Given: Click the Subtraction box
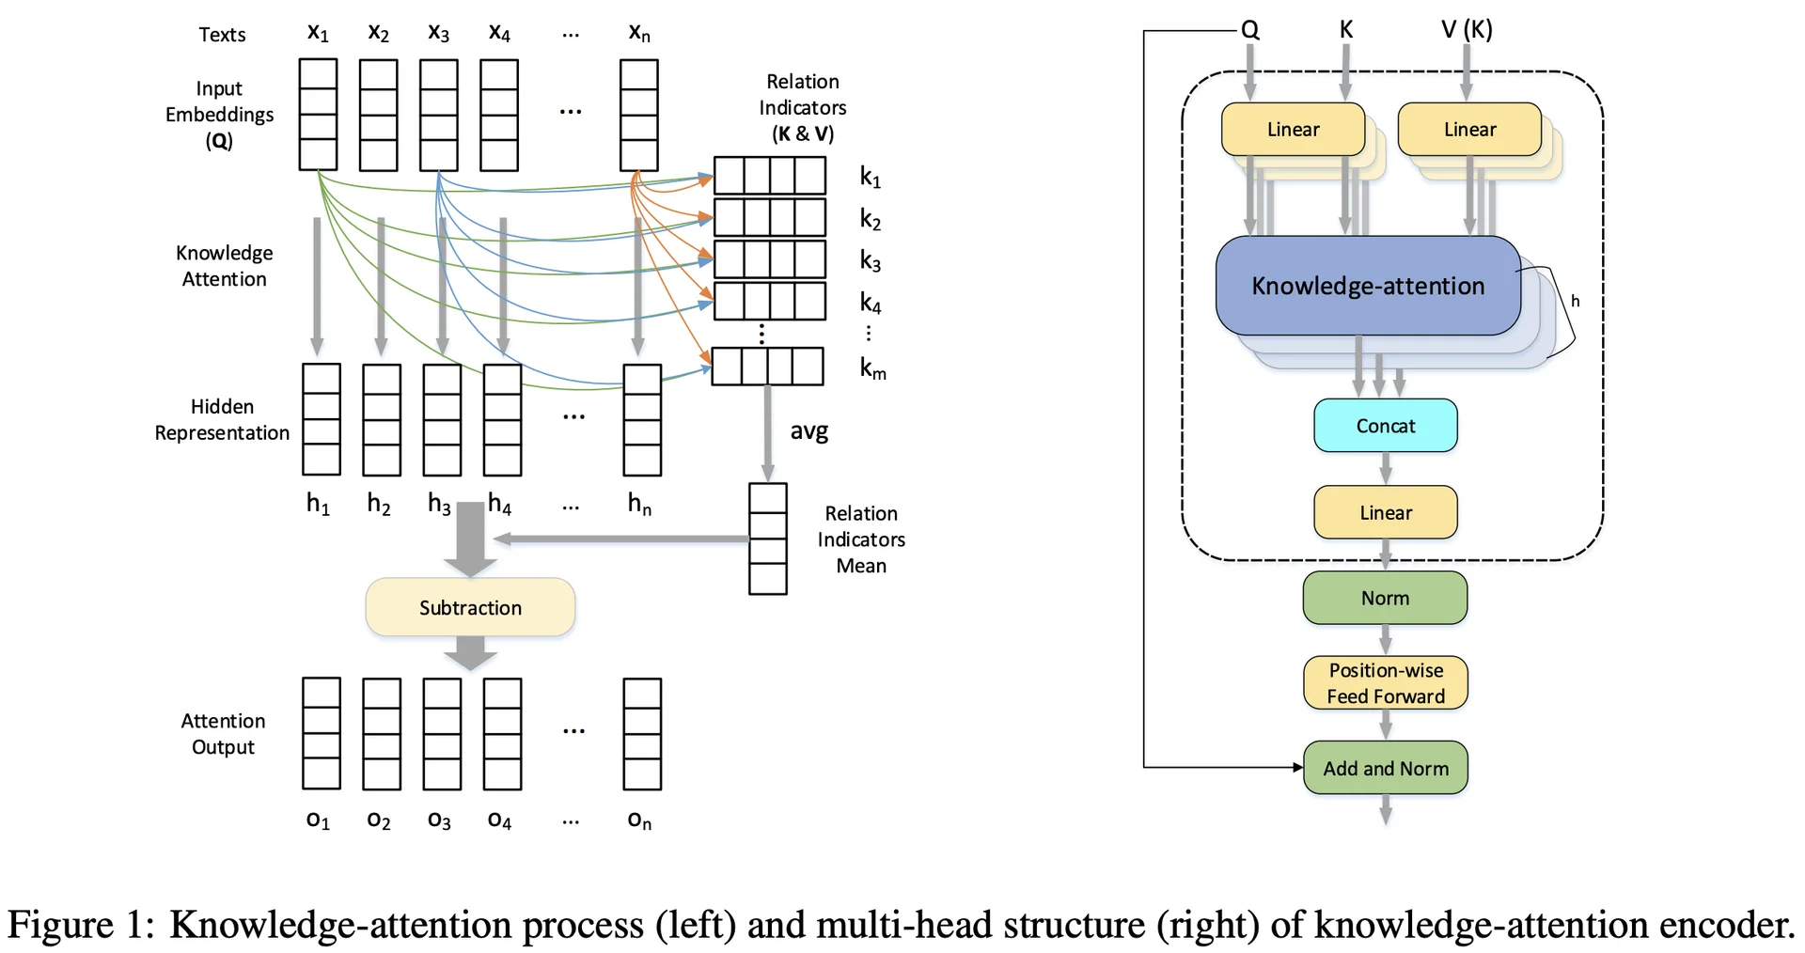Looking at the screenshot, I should pyautogui.click(x=470, y=607).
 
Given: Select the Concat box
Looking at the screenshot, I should pyautogui.click(x=1385, y=426).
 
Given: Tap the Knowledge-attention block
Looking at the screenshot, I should pyautogui.click(x=1368, y=286).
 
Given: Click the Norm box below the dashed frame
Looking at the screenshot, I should pyautogui.click(x=1385, y=598).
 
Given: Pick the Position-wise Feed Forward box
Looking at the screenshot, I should pyautogui.click(x=1385, y=683).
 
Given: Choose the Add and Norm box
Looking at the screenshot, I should pyautogui.click(x=1385, y=768).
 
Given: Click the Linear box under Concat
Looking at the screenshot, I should pyautogui.click(x=1385, y=512).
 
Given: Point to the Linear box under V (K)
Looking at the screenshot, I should pyautogui.click(x=1469, y=130).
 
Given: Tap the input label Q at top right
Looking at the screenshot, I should pyautogui.click(x=1249, y=30).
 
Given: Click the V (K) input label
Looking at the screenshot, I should pyautogui.click(x=1467, y=30).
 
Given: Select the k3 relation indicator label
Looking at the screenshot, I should pyautogui.click(x=871, y=261).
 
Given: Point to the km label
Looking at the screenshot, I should pyautogui.click(x=872, y=368).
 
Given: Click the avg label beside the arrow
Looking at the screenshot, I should pyautogui.click(x=808, y=431).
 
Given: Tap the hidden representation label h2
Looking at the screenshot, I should pyautogui.click(x=379, y=505).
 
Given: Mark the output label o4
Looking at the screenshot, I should pyautogui.click(x=499, y=820).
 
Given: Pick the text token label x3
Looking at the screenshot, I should pyautogui.click(x=439, y=33).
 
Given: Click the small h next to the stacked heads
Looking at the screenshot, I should pyautogui.click(x=1575, y=302).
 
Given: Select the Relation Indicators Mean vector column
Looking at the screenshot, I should pyautogui.click(x=767, y=539).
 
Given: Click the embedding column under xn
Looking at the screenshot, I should pyautogui.click(x=638, y=115).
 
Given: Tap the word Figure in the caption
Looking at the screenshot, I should pyautogui.click(x=60, y=925).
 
